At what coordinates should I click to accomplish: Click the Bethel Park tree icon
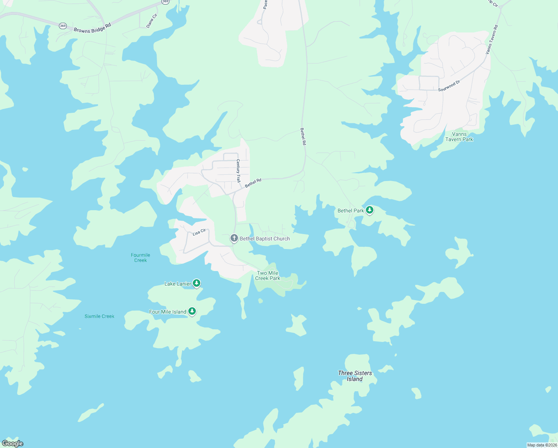pos(369,210)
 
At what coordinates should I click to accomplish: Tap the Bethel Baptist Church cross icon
pos(234,238)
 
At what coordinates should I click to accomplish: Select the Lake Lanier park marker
pos(197,283)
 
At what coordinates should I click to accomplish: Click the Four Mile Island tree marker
pos(192,311)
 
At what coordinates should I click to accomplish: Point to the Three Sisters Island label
pos(355,376)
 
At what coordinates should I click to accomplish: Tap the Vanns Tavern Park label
pos(459,137)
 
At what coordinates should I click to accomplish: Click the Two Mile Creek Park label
pos(268,276)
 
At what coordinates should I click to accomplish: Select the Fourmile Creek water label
pos(141,258)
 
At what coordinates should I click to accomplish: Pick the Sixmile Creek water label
pos(100,316)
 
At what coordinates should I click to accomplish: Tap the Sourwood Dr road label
pos(449,86)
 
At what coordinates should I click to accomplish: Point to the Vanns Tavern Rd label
pos(492,40)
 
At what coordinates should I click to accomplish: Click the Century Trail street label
pos(238,171)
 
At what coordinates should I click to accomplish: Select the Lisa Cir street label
pos(199,232)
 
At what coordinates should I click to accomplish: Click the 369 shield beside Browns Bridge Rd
pos(63,26)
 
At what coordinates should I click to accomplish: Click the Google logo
pos(13,444)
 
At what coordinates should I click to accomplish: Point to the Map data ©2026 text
pos(542,445)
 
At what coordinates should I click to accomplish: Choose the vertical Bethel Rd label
pos(303,136)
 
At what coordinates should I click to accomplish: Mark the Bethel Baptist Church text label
pos(265,239)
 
